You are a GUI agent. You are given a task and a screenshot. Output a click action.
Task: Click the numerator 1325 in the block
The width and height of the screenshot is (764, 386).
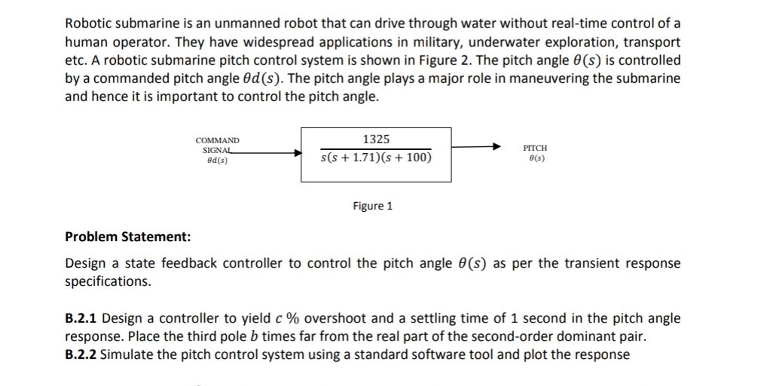point(376,139)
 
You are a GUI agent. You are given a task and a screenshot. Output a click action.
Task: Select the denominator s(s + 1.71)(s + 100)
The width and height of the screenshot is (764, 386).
point(376,158)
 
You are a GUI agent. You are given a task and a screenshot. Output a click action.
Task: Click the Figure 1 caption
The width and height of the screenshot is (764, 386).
point(373,206)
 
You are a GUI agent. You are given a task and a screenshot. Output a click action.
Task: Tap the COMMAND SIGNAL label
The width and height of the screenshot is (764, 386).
point(217,146)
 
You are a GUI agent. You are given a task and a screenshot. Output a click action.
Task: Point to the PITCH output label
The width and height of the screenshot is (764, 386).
point(535,149)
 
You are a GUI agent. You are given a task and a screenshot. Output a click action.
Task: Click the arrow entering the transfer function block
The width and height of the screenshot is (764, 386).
point(271,152)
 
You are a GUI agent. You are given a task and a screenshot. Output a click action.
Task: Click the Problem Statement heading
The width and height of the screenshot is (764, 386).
point(128,237)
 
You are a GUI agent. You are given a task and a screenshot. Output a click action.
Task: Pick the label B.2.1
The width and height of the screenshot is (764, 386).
point(81,318)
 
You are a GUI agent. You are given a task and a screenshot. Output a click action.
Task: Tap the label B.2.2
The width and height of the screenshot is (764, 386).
point(81,354)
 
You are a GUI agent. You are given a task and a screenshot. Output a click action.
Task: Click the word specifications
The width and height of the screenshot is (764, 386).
point(108,281)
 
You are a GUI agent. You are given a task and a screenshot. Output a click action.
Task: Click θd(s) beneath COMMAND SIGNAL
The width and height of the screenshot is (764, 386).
point(217,161)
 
